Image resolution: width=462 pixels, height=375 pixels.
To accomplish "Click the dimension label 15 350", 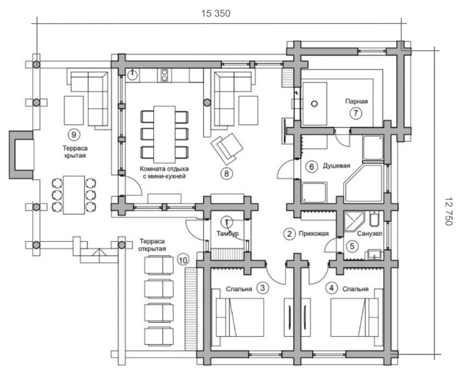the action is click(216, 14).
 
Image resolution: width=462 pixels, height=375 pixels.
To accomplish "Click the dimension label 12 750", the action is click(448, 211).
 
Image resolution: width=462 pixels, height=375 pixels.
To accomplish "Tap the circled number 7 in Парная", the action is click(356, 113).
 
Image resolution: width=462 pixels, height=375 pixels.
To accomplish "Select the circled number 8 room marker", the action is click(226, 174).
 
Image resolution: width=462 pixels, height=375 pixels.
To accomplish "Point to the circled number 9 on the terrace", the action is click(74, 135).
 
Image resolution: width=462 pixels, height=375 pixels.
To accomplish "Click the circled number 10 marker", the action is click(183, 260).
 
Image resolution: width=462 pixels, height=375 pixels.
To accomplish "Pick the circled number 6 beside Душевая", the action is click(311, 167).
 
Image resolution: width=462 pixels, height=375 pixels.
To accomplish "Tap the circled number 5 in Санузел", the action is click(353, 246).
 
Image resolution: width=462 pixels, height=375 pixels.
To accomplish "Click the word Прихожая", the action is click(313, 234).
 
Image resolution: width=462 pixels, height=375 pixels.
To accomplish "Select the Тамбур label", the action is click(228, 234).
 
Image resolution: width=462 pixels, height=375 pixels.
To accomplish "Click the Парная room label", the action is click(356, 101).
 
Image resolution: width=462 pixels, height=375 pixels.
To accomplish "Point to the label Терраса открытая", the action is click(152, 245).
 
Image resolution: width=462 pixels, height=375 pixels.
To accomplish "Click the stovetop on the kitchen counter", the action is click(164, 75).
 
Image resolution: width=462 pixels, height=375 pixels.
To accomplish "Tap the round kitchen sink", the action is click(133, 75).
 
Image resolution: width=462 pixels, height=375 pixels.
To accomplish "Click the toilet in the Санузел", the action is click(374, 219).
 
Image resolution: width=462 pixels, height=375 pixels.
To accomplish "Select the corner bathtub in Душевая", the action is click(364, 184).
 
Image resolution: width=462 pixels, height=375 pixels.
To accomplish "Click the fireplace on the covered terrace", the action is click(21, 155).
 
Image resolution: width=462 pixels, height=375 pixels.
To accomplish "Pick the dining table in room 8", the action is click(164, 134).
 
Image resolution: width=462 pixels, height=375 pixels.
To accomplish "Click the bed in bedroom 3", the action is click(240, 317).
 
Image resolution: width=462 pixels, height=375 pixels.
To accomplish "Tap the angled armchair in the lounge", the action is click(227, 148).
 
